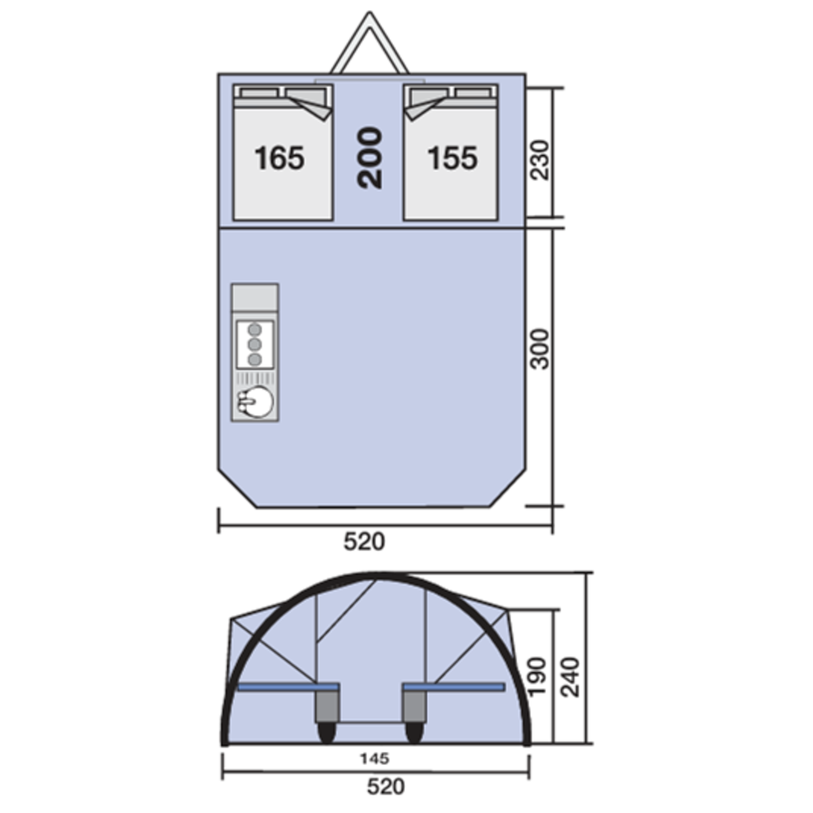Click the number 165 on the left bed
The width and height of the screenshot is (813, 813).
point(280,158)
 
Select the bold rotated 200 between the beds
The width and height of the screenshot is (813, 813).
point(370,158)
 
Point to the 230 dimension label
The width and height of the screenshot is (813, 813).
point(540,160)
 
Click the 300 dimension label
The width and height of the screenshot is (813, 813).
point(540,349)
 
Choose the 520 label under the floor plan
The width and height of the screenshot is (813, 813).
point(364,542)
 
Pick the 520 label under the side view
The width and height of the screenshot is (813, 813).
point(385,786)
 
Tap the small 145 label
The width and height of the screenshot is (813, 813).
point(375,759)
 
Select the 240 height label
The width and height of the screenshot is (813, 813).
point(571,677)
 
